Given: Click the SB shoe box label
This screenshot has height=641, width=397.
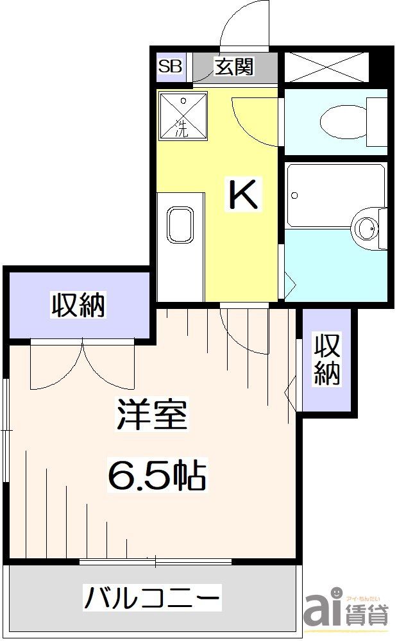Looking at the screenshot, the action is [x=170, y=66].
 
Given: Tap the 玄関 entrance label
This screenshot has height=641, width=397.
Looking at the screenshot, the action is [x=235, y=66].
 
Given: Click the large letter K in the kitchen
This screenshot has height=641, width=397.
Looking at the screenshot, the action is [x=244, y=194].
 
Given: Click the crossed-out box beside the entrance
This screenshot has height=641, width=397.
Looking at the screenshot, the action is [x=326, y=67].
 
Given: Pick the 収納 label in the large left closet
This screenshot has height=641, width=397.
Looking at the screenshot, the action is [x=78, y=304].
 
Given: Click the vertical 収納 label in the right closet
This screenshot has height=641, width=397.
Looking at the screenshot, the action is [x=326, y=360].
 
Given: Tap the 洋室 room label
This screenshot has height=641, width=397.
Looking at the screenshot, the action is [x=152, y=415].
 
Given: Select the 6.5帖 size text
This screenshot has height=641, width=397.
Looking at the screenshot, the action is [x=156, y=475].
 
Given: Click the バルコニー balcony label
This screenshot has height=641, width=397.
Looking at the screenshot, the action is [x=152, y=597].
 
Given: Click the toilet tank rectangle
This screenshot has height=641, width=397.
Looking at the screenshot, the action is [x=377, y=122].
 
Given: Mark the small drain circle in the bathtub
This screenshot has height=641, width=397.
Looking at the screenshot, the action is [x=295, y=196].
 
